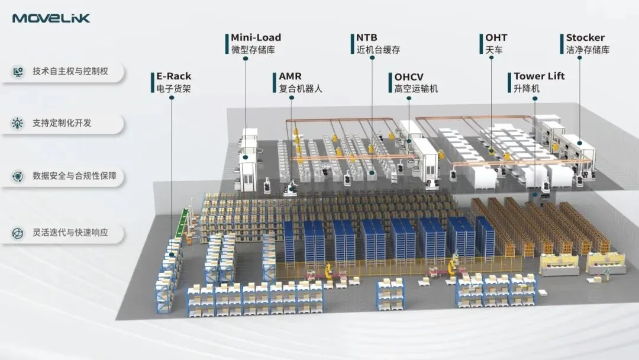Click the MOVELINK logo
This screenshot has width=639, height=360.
click(x=51, y=18)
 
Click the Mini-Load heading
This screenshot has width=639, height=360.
click(x=256, y=38)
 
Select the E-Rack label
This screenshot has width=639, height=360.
click(x=173, y=76)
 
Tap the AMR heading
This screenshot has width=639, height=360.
click(x=290, y=76)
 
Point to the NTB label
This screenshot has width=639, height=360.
click(x=367, y=38)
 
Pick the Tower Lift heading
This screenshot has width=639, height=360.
click(x=538, y=76)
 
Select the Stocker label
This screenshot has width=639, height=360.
click(x=585, y=38)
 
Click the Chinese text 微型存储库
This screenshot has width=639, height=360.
click(x=253, y=50)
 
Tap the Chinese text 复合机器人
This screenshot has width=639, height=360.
click(x=301, y=89)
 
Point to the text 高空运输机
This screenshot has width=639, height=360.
click(x=416, y=89)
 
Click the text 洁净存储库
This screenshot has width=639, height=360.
click(x=588, y=50)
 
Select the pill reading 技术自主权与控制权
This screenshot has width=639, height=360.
click(x=70, y=71)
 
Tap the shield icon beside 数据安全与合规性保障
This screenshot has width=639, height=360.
click(x=18, y=176)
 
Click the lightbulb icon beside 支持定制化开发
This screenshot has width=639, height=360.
click(x=18, y=123)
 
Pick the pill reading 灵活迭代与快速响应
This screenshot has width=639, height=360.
click(x=70, y=233)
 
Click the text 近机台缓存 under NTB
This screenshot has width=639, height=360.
click(x=378, y=50)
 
